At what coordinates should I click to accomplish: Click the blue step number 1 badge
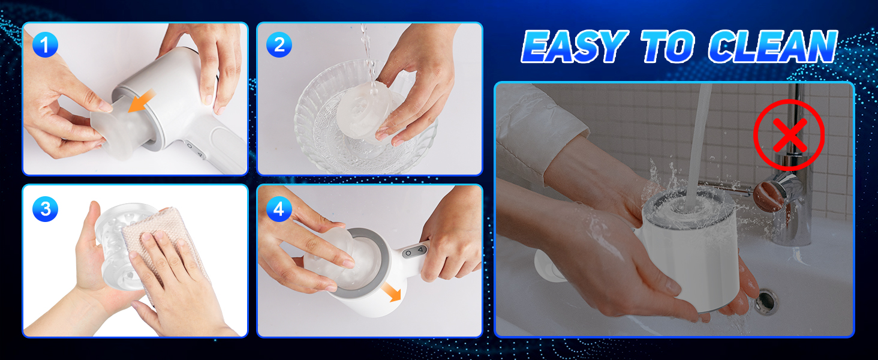pos(45,45)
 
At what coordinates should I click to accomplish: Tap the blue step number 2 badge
pos(279,45)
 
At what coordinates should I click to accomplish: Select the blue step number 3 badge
pos(45,209)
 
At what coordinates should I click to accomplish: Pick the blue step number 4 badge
pos(279,209)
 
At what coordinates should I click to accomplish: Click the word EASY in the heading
pos(574,46)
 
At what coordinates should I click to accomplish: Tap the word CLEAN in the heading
pos(773,46)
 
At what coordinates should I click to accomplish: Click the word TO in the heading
pos(667,46)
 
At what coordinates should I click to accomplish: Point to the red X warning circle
pos(789,135)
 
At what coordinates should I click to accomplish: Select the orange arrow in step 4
pos(391,292)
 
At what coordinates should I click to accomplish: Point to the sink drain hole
pos(765,301)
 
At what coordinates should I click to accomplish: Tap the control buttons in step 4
pos(414,252)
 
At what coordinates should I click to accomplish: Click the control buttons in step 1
pos(195,150)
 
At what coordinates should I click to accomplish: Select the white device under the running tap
pos(690,247)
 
